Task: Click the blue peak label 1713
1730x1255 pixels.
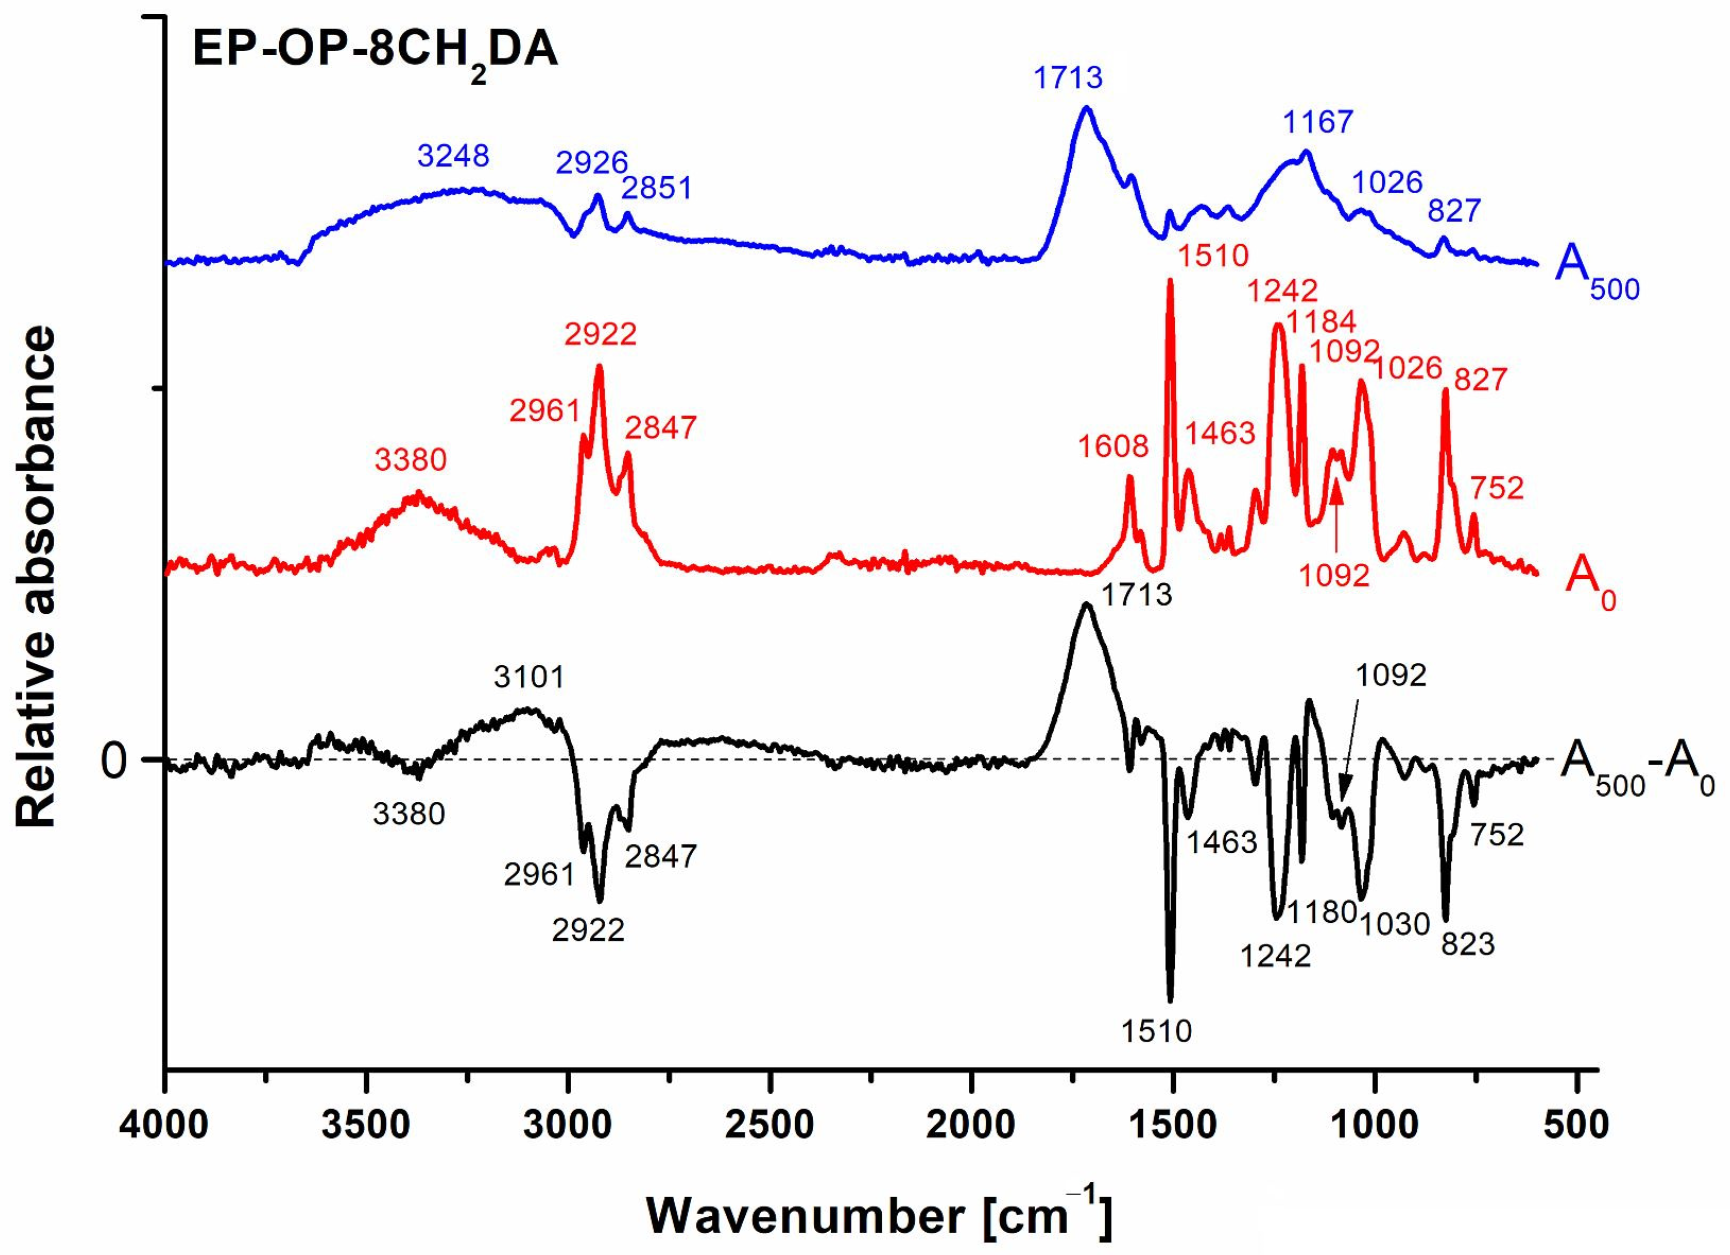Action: [1068, 78]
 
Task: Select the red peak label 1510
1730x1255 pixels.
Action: [1213, 255]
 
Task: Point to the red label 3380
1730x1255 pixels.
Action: [410, 460]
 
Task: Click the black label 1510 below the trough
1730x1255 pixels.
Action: [1156, 1032]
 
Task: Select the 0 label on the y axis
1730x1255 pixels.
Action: [114, 761]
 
